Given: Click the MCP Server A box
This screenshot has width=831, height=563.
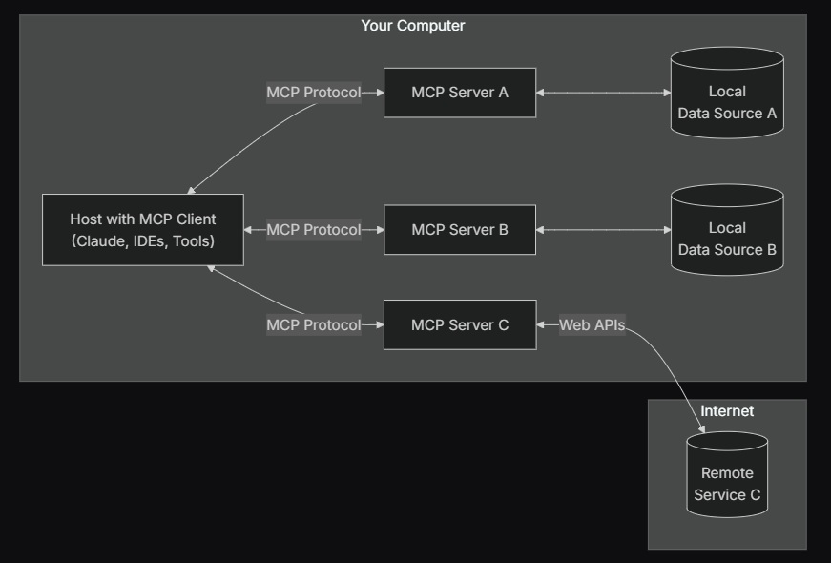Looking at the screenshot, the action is click(x=460, y=93).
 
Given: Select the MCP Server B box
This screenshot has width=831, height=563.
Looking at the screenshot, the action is click(x=460, y=230).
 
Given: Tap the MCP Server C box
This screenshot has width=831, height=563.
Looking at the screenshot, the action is click(x=460, y=325).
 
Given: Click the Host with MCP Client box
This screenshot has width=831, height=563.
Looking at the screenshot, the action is click(x=143, y=230).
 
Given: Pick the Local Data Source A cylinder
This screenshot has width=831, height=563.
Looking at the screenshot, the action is click(x=727, y=93).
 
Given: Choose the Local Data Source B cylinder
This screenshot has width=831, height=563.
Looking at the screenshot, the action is click(x=727, y=230).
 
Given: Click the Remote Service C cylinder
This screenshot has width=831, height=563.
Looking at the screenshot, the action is click(x=727, y=474).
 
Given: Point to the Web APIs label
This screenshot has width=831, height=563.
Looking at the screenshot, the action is click(x=592, y=325).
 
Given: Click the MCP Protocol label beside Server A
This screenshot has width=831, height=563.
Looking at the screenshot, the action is click(x=314, y=93).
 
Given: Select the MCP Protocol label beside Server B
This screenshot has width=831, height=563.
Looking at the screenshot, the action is click(x=314, y=230).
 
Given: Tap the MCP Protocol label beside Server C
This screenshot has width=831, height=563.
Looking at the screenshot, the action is click(x=314, y=325).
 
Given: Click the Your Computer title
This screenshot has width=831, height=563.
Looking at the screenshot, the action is click(x=413, y=26).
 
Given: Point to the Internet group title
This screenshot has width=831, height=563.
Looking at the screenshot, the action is click(x=727, y=411).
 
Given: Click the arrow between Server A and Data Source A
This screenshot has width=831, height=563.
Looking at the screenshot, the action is click(x=604, y=93).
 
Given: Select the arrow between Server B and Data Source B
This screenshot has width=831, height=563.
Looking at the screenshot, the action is click(x=604, y=230).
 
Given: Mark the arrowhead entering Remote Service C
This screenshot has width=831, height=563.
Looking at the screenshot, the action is click(x=701, y=429).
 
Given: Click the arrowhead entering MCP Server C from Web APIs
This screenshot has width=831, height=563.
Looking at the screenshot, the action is click(x=540, y=325).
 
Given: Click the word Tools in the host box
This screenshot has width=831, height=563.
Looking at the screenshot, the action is click(x=194, y=241).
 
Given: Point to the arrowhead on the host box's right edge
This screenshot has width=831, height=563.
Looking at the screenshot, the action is click(x=247, y=230).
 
